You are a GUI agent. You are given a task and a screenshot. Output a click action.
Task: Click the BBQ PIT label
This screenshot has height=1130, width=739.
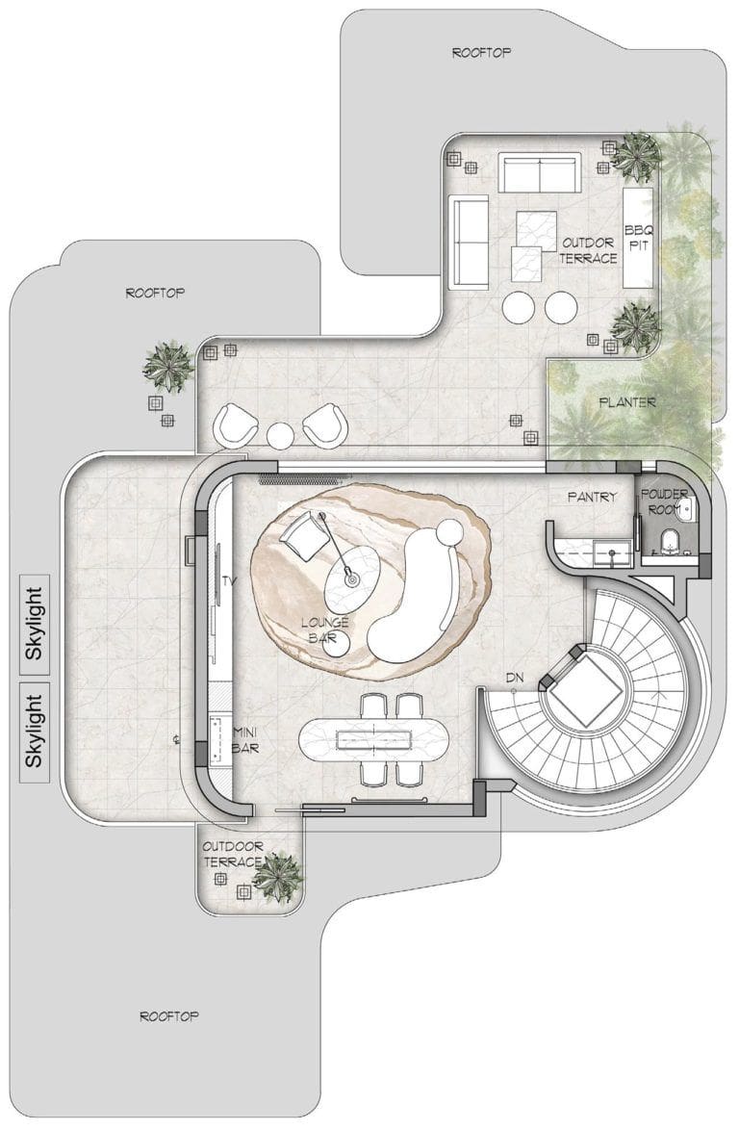(637, 238)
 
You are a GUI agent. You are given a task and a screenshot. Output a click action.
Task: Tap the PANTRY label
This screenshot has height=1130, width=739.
(592, 497)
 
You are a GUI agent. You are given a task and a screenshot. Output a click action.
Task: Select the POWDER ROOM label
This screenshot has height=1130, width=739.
(664, 501)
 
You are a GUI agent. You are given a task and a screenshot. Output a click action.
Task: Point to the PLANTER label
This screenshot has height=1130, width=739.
(627, 402)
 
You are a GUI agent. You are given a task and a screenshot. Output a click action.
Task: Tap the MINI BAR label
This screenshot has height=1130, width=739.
(245, 740)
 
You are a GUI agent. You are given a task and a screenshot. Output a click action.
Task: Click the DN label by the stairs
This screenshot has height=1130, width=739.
(514, 678)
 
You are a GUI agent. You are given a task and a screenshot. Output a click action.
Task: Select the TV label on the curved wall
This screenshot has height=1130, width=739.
(230, 580)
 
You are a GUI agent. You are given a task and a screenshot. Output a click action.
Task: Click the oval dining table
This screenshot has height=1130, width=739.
(373, 738)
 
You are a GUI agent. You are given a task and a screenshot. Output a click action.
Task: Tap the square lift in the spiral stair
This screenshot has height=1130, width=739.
(584, 687)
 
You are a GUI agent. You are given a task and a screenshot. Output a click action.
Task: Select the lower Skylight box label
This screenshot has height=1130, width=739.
(35, 731)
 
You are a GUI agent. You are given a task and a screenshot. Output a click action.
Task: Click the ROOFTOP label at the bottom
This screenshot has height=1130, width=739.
(168, 1016)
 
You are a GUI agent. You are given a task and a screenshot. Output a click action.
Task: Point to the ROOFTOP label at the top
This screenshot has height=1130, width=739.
(481, 53)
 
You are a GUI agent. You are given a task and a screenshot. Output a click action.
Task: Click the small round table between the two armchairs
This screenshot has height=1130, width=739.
(280, 435)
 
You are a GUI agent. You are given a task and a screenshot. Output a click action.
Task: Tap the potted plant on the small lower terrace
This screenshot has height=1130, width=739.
(277, 877)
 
